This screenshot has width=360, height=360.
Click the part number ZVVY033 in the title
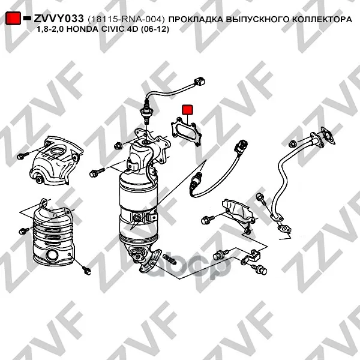[59, 19]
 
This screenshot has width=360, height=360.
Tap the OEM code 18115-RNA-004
[126, 19]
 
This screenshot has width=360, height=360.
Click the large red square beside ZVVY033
[13, 18]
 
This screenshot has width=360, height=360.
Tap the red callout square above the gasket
[188, 110]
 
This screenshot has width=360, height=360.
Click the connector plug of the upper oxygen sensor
[199, 82]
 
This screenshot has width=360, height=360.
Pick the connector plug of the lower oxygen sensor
[241, 146]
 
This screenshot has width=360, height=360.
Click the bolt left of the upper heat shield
[23, 156]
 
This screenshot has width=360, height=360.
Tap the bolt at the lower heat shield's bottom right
[86, 270]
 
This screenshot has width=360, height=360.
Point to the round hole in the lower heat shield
[53, 256]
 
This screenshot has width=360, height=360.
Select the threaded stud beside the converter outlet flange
[170, 259]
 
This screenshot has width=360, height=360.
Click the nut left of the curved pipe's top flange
[292, 144]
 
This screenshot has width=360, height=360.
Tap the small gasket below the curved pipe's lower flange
[284, 229]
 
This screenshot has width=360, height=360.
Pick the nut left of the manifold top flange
[118, 146]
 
